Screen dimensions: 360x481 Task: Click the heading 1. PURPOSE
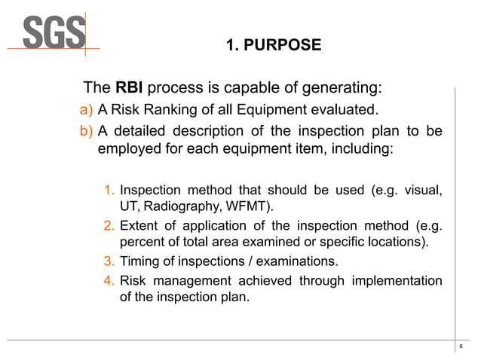pyautogui.click(x=273, y=46)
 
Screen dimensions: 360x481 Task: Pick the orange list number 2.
pyautogui.click(x=109, y=225)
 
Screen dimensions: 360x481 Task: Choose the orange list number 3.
pyautogui.click(x=109, y=261)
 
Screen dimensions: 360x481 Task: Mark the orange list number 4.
pyautogui.click(x=109, y=281)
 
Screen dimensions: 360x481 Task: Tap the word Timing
pyautogui.click(x=141, y=261)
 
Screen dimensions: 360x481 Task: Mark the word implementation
pyautogui.click(x=395, y=281)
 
